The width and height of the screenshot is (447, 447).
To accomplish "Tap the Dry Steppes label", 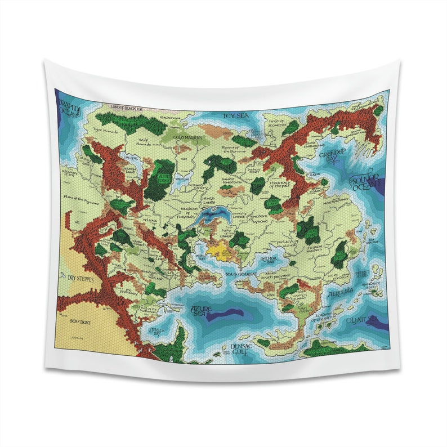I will click(76, 278).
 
